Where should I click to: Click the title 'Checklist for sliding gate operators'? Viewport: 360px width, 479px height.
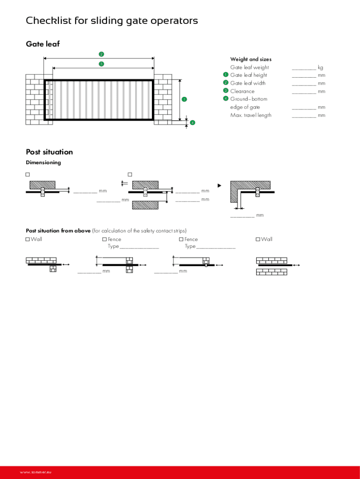[112, 21]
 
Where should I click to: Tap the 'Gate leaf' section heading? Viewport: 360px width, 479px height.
[43, 44]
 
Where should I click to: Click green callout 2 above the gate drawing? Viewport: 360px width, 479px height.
[101, 54]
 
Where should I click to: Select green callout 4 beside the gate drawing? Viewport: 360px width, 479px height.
[192, 123]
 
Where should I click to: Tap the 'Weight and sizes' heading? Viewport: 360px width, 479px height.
[251, 59]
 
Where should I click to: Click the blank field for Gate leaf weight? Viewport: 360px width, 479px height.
[304, 68]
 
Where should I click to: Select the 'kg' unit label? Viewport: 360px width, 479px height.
[321, 68]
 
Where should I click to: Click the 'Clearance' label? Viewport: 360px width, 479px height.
[242, 91]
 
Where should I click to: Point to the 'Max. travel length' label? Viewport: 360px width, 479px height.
[251, 115]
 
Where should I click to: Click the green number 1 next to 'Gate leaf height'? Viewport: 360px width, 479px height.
[225, 75]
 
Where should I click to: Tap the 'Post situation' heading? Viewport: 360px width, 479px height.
[49, 152]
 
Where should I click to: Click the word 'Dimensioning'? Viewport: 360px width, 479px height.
[43, 163]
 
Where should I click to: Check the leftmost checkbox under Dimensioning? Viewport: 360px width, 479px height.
[28, 174]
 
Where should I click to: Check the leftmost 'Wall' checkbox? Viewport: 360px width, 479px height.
[28, 239]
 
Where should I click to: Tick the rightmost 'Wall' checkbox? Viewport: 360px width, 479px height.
[258, 239]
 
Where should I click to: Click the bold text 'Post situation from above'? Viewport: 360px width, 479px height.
[58, 231]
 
